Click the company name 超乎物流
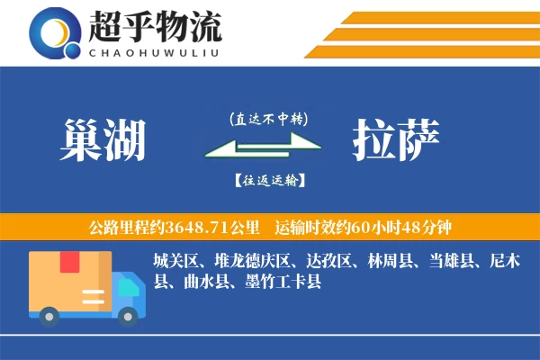click(x=154, y=27)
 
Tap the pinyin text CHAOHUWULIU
click(x=154, y=51)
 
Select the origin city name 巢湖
click(x=105, y=139)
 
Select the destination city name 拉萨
click(x=396, y=139)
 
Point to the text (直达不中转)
click(x=269, y=118)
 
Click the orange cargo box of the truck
click(x=71, y=279)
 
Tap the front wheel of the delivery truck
click(x=129, y=315)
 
